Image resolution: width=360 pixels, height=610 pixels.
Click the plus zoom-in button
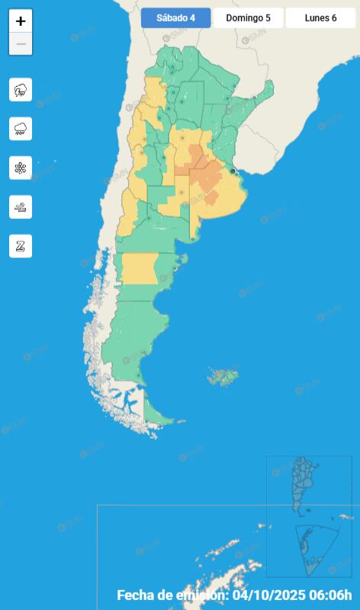21,21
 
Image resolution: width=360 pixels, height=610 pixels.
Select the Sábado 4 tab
175,18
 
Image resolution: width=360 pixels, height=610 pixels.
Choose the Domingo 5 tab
248,18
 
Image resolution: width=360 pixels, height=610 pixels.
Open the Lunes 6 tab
320,18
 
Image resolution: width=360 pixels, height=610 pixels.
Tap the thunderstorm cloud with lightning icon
21,90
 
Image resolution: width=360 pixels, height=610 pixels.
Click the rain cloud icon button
21,129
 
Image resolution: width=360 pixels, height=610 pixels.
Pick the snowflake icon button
21,168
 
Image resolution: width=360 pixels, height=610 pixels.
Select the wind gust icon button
21,207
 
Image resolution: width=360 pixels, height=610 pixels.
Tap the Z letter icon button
21,246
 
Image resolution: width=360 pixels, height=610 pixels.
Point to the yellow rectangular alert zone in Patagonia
139,268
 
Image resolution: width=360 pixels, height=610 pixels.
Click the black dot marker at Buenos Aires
233,172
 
